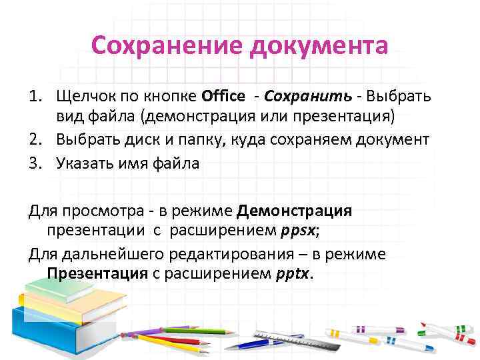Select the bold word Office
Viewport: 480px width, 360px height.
coord(223,96)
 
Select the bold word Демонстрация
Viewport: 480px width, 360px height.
coord(294,211)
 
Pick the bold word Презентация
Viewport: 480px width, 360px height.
coord(97,274)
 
